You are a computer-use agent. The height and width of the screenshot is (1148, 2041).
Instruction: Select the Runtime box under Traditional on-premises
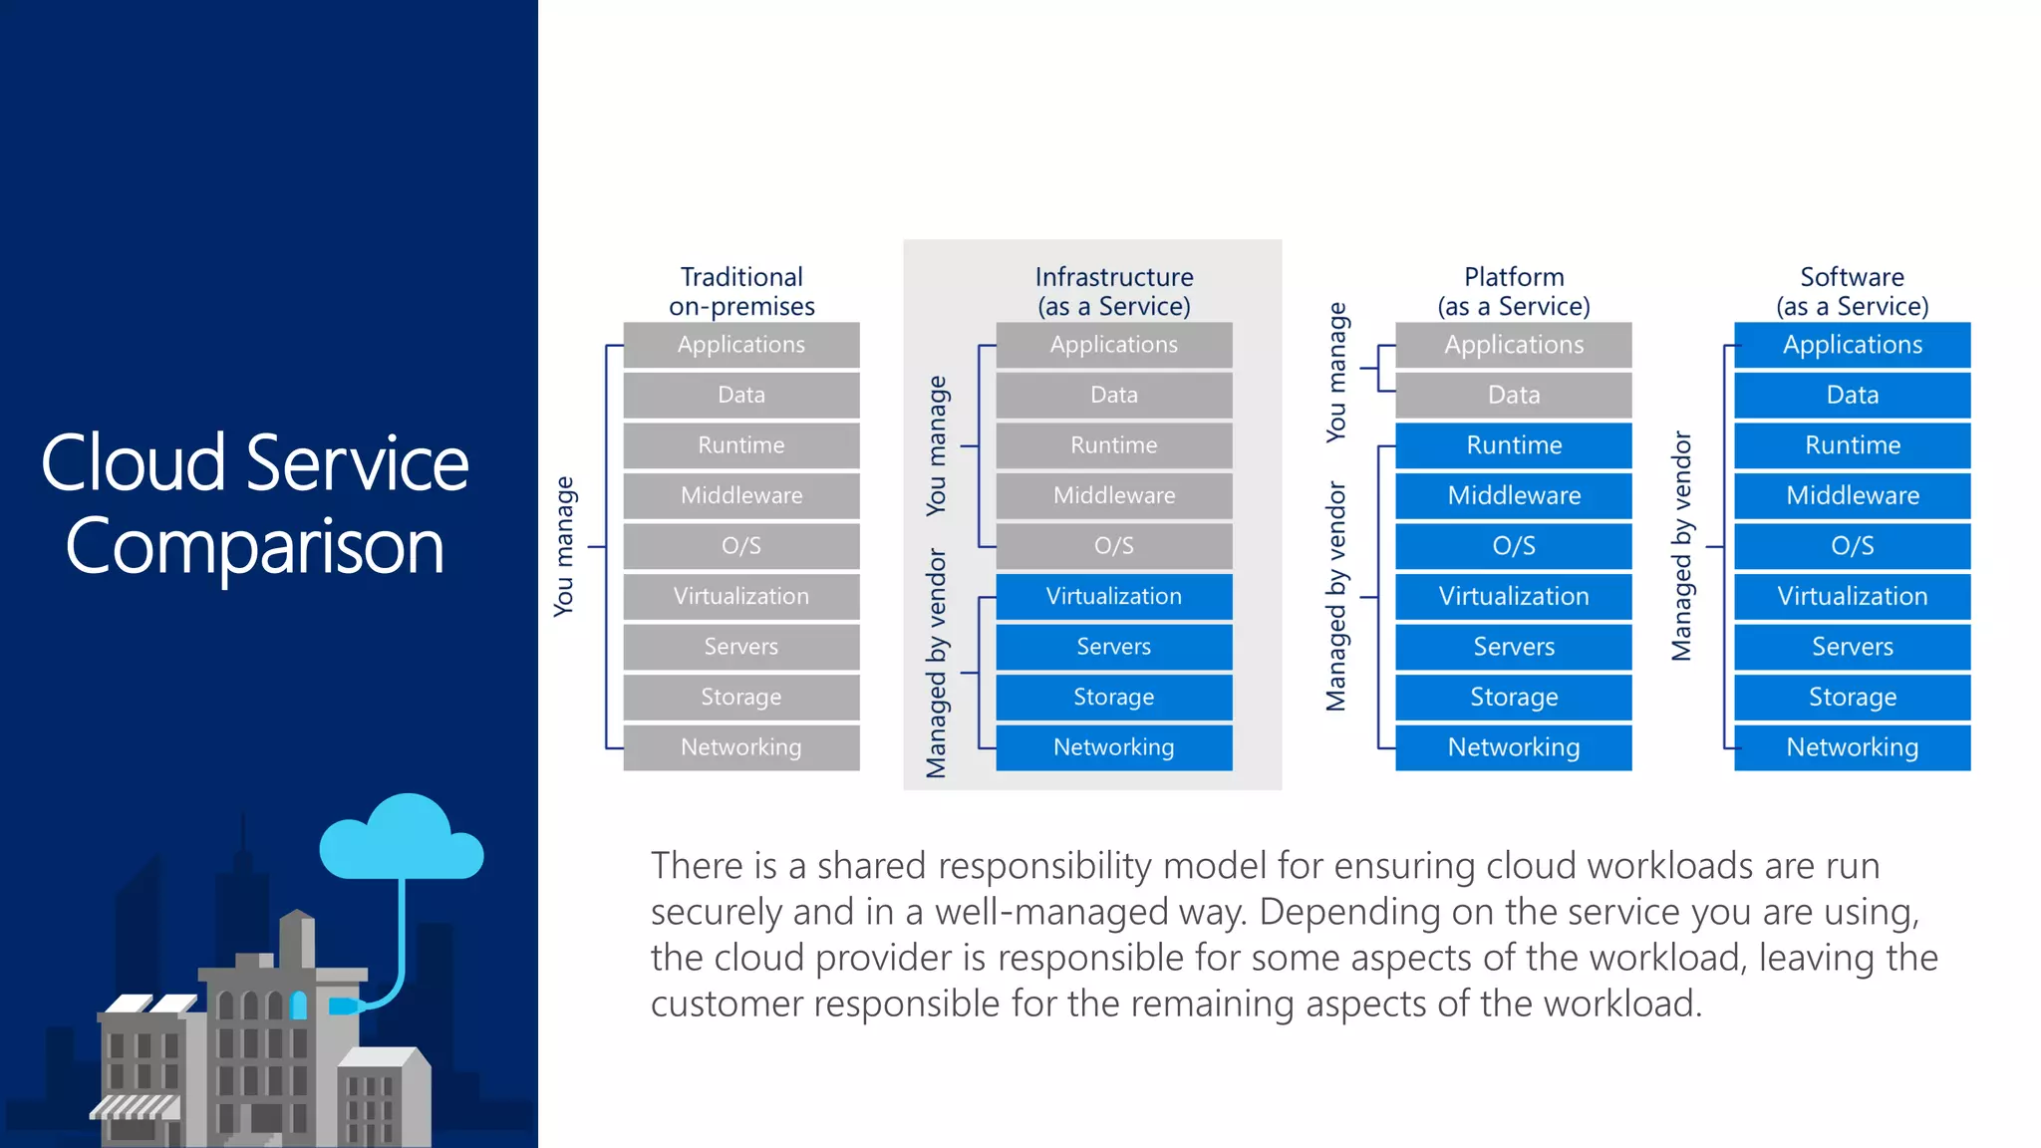(x=741, y=445)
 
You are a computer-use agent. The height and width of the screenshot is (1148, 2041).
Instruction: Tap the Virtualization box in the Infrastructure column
(x=1113, y=596)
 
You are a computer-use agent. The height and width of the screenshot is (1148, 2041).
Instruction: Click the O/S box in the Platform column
(x=1513, y=546)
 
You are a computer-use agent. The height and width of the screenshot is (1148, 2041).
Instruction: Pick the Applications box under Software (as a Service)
(x=1852, y=345)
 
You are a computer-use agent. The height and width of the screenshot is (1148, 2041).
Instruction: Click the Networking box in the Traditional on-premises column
(x=741, y=747)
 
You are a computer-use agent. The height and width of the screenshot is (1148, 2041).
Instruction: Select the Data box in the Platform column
(x=1513, y=396)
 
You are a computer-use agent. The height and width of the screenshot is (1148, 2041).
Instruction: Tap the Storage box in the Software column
(x=1852, y=697)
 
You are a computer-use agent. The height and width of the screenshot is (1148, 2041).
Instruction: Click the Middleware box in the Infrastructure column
(x=1113, y=495)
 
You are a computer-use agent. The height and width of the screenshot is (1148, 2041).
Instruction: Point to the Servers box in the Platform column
(x=1513, y=647)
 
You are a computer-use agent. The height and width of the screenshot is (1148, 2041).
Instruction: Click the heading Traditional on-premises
(x=741, y=291)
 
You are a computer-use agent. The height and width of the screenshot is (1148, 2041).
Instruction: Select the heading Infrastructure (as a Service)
(x=1113, y=291)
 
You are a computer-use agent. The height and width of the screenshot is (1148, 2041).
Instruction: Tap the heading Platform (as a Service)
(x=1513, y=291)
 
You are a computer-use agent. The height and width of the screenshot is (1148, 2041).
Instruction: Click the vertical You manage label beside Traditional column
(x=564, y=546)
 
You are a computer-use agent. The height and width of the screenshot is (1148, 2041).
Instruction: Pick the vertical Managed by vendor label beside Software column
(x=1681, y=546)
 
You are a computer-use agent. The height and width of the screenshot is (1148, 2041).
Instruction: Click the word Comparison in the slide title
(x=254, y=547)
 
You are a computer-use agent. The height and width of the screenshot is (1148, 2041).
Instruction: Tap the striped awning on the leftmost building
(x=136, y=1106)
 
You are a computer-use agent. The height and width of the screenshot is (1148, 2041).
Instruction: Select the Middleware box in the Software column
(x=1852, y=495)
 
